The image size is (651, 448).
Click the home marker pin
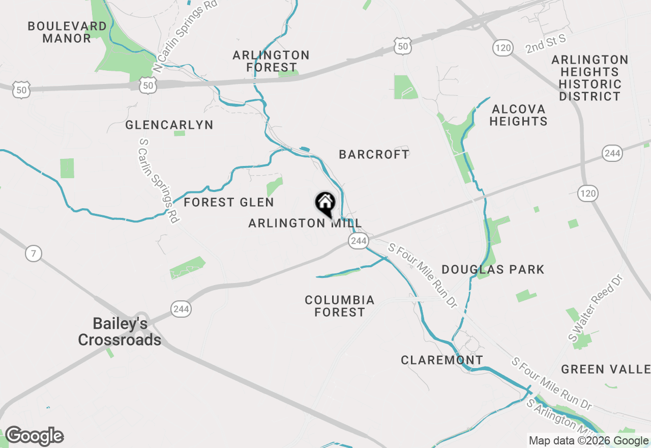(325, 203)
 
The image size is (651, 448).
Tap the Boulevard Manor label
(67, 32)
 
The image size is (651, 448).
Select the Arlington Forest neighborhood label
(271, 61)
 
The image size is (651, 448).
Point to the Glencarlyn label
(169, 125)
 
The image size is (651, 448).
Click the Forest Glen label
(229, 202)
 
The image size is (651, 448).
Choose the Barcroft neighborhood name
(374, 154)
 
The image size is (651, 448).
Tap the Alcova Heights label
(519, 115)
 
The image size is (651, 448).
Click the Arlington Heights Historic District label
(590, 78)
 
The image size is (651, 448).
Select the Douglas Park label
(493, 269)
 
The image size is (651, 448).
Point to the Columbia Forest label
(340, 306)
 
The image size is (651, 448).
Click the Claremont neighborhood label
(442, 360)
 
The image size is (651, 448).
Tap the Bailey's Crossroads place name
(120, 331)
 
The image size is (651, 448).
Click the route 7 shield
(34, 253)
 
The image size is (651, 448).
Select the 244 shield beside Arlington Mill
(359, 241)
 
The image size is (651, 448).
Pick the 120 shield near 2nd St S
(501, 48)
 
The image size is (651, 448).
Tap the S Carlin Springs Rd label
(159, 181)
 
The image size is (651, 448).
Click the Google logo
(34, 436)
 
